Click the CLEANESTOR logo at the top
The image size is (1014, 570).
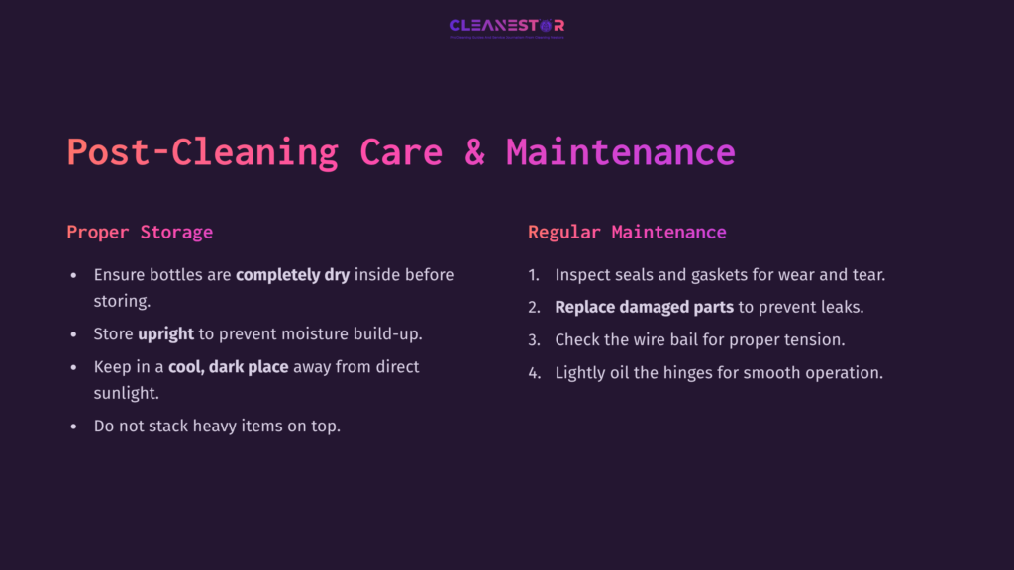click(507, 26)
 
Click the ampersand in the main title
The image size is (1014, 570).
click(474, 152)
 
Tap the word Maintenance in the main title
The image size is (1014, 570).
click(621, 152)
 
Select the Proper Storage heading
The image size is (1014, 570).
click(140, 233)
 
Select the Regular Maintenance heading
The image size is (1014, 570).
click(627, 233)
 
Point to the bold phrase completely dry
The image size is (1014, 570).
click(292, 274)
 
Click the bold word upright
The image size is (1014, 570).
click(165, 333)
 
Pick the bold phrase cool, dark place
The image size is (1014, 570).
click(229, 366)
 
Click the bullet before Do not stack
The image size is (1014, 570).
click(73, 427)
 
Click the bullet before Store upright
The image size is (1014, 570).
click(73, 334)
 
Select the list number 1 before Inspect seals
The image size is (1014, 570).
click(533, 275)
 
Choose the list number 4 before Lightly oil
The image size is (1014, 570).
click(534, 373)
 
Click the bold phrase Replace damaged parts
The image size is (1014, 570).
click(644, 307)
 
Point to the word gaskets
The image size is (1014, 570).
click(715, 275)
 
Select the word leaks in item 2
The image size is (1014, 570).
click(839, 307)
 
